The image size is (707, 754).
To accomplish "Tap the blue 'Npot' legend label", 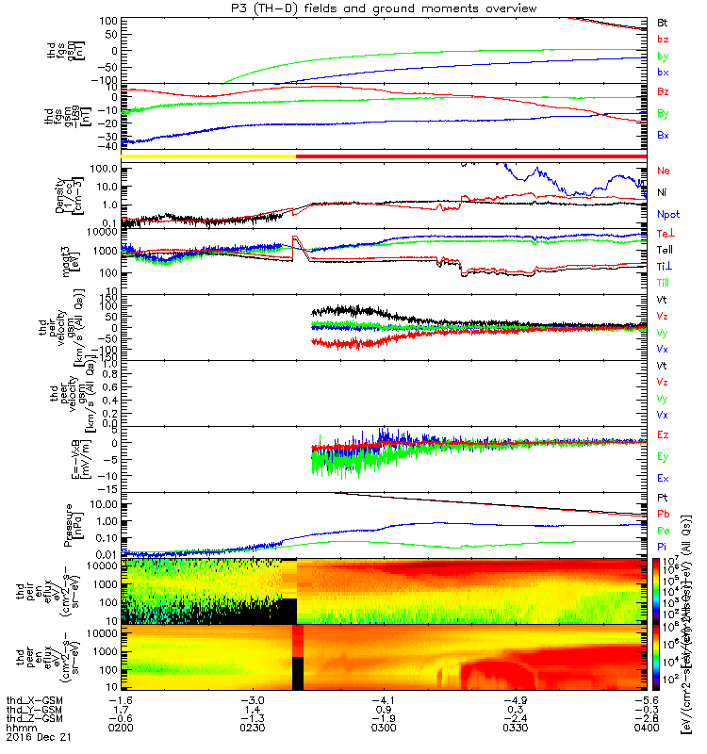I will pyautogui.click(x=666, y=214).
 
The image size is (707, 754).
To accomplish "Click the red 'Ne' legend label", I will pyautogui.click(x=663, y=171).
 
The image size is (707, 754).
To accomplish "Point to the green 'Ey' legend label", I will pyautogui.click(x=663, y=456).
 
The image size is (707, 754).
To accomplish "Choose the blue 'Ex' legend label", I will pyautogui.click(x=663, y=478).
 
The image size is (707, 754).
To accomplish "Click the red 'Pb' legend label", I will pyautogui.click(x=663, y=514).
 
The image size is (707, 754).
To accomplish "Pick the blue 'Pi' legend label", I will pyautogui.click(x=663, y=547).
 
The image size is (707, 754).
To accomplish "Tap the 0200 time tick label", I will pyautogui.click(x=120, y=729).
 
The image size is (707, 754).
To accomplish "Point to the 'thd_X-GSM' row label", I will pyautogui.click(x=28, y=701).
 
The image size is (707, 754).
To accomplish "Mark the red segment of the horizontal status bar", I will pyautogui.click(x=471, y=156).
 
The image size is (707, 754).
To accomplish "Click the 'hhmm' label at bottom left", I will pyautogui.click(x=17, y=729).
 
